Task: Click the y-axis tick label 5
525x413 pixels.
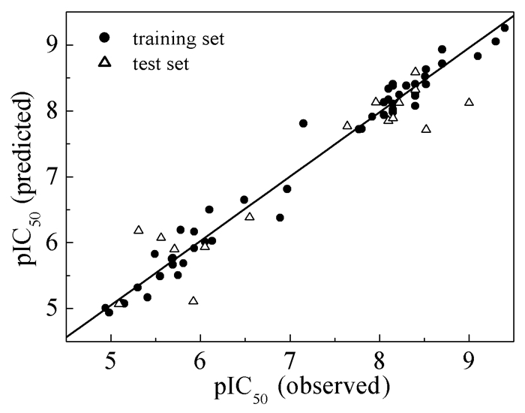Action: point(53,309)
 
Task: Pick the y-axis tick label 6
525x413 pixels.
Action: point(53,243)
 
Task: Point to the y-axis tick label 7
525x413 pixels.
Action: point(53,177)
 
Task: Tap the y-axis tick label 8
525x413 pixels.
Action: point(53,111)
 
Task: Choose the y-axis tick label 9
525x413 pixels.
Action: point(53,45)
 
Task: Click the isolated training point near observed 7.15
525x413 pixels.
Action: point(303,123)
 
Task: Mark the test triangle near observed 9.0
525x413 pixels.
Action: point(469,102)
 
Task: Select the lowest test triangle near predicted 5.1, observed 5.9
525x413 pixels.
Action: point(193,300)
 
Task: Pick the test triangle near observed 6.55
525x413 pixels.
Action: point(250,216)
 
